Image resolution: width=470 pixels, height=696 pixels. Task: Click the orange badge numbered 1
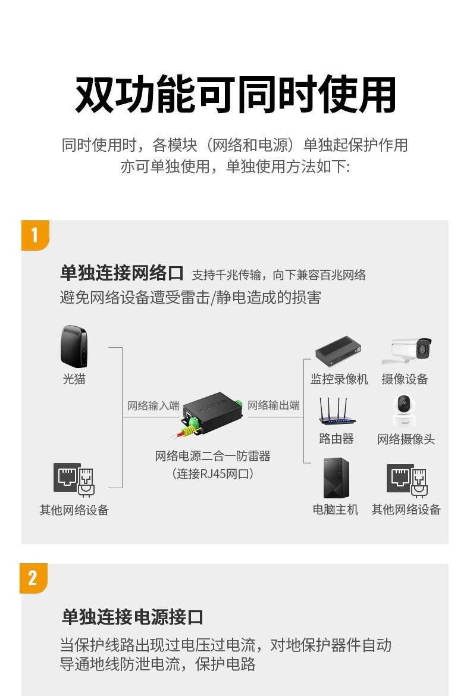(x=35, y=235)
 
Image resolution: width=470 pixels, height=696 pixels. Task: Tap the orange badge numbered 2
(x=33, y=578)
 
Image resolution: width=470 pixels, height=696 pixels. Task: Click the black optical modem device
(x=74, y=347)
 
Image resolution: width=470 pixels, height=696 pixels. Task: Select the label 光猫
(x=74, y=379)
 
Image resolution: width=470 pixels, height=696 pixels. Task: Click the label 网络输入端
(x=153, y=405)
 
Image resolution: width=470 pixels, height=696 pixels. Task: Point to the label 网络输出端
(x=274, y=405)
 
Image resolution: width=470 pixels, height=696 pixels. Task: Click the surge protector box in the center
(x=212, y=415)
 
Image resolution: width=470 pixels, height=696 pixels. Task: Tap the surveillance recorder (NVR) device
(x=339, y=351)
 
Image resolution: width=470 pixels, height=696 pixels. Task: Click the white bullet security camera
(x=406, y=351)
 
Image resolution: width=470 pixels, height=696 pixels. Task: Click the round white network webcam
(x=404, y=411)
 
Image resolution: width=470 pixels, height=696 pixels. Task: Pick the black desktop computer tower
(x=336, y=478)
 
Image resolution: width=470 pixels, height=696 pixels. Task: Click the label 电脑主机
(x=336, y=510)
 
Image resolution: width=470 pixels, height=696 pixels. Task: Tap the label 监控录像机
(x=339, y=379)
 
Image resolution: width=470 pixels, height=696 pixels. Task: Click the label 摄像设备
(x=405, y=379)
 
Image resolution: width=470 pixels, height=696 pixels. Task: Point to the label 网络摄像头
(x=406, y=439)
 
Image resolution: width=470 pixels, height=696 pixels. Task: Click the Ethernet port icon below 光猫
(x=74, y=480)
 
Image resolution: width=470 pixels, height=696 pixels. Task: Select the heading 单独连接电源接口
(x=133, y=617)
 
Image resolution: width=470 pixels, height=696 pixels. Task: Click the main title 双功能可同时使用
(x=236, y=95)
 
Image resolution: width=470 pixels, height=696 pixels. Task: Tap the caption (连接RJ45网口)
(x=213, y=474)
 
